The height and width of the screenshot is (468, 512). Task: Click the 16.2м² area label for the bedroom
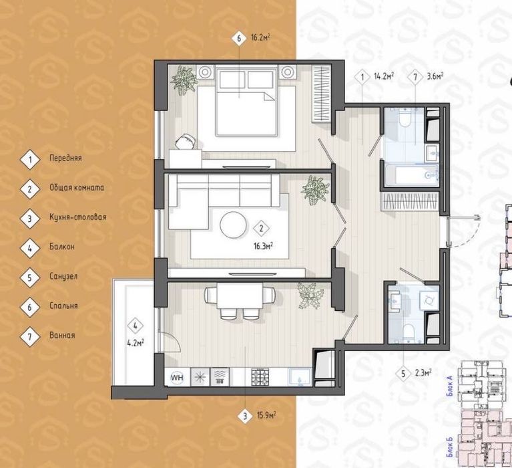261,37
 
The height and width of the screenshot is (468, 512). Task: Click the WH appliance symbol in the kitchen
177,378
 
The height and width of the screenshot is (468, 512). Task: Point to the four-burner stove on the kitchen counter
260,377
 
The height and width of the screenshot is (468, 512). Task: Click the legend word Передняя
65,158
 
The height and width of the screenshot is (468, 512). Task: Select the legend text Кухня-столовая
78,217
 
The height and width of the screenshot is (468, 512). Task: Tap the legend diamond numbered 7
30,336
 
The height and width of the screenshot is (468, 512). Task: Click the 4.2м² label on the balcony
136,344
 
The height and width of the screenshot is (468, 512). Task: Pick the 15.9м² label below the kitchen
267,416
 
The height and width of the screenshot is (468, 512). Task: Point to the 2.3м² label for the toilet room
422,372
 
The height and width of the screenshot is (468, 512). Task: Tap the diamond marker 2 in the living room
261,229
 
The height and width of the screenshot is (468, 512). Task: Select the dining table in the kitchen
240,296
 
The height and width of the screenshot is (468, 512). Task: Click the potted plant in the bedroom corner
184,80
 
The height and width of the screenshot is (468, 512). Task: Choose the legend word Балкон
62,247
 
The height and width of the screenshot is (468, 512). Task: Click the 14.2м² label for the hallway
384,76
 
